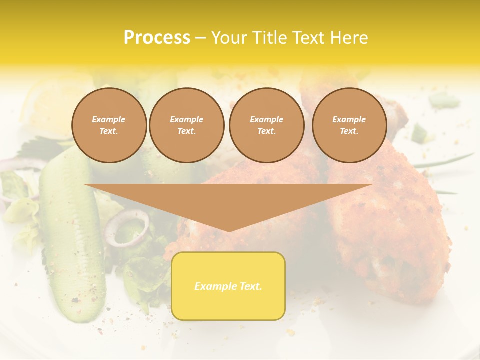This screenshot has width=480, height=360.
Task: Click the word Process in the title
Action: (157, 38)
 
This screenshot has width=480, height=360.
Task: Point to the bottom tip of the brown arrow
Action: (228, 230)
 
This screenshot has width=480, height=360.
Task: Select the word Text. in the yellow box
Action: (250, 286)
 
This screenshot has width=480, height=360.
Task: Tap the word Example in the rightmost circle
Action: (349, 119)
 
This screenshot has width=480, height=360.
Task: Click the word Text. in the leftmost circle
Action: (109, 131)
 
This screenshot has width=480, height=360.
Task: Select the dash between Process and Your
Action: (201, 38)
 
